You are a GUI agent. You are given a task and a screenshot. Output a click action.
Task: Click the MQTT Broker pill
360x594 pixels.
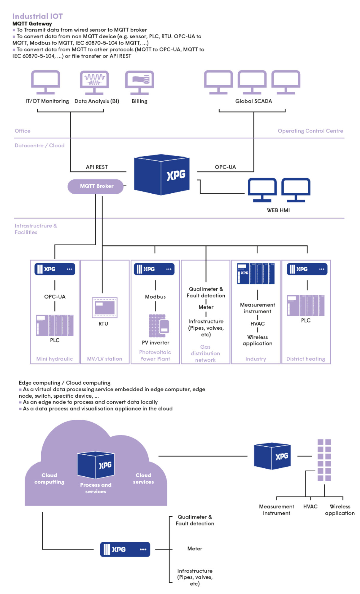coord(96,186)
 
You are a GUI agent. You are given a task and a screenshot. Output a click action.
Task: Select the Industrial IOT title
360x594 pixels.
coord(37,16)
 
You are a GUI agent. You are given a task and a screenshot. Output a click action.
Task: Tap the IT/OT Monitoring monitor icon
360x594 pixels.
coord(46,82)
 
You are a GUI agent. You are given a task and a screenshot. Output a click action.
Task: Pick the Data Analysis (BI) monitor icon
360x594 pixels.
coord(94,82)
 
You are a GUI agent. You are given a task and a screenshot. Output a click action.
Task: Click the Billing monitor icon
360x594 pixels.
coord(139,82)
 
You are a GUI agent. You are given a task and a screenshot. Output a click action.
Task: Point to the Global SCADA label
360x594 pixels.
coord(253,101)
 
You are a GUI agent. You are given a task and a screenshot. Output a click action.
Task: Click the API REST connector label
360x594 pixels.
coord(97,167)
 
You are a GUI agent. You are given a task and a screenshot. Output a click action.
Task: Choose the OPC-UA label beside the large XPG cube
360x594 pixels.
coord(225,167)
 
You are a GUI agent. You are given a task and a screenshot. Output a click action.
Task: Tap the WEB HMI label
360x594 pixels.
coord(278,210)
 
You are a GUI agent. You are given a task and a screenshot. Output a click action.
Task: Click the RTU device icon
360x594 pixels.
coord(104,307)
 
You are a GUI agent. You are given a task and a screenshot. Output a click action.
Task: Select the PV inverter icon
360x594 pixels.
coord(159,326)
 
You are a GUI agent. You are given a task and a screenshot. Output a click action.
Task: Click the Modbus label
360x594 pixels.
coord(155,297)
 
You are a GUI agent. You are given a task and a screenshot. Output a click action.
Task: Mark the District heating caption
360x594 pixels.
coord(305,359)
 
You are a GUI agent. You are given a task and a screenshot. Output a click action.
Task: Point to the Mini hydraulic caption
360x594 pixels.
coord(55,359)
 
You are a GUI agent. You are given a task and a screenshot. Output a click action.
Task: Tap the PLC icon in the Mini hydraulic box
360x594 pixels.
coord(55,325)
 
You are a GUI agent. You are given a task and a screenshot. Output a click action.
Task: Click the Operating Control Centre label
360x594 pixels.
coord(310,131)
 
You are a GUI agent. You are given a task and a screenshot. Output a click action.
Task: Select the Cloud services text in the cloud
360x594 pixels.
coord(143,478)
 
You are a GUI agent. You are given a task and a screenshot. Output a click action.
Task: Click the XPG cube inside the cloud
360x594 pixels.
coord(96,465)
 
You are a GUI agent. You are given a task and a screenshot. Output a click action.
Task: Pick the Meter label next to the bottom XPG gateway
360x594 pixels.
coord(195,549)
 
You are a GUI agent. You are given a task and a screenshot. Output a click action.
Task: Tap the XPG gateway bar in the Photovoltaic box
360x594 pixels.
coord(154,269)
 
